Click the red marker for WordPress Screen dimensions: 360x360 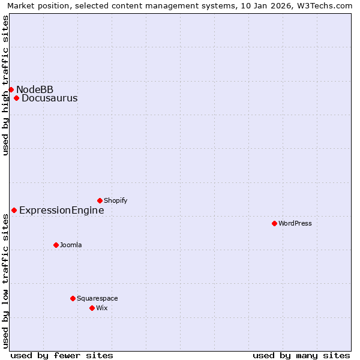(x=274, y=223)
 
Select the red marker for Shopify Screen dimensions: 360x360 (x=100, y=200)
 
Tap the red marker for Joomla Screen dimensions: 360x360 (x=56, y=245)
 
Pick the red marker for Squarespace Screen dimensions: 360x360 (x=73, y=298)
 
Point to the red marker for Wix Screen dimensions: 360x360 (x=92, y=308)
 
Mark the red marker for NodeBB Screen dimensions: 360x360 (x=11, y=89)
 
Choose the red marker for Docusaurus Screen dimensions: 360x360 (x=16, y=98)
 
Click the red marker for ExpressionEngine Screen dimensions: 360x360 (x=14, y=210)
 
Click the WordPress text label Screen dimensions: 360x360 (x=295, y=224)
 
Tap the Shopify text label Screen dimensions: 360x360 (x=115, y=201)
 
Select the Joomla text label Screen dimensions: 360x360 (x=71, y=245)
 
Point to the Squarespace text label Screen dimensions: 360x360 (x=97, y=299)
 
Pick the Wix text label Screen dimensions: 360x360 (x=101, y=308)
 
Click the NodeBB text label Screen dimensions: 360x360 (x=35, y=90)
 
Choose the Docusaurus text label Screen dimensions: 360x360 (x=49, y=98)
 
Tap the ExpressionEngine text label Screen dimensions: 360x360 (x=61, y=211)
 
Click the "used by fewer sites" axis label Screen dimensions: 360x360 (x=62, y=355)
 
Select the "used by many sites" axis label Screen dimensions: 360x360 (x=301, y=355)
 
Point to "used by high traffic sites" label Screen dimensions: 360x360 (x=5, y=85)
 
